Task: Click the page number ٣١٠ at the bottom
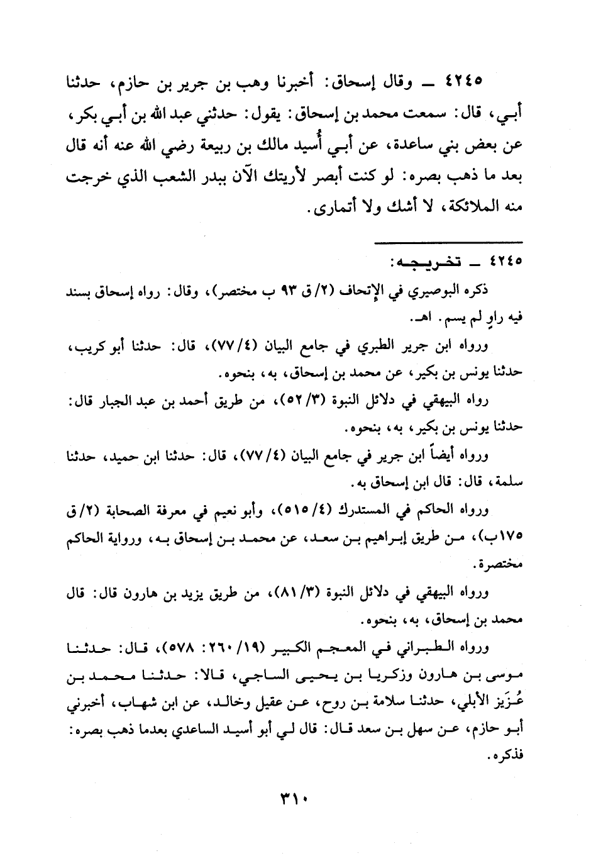pyautogui.click(x=295, y=802)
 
